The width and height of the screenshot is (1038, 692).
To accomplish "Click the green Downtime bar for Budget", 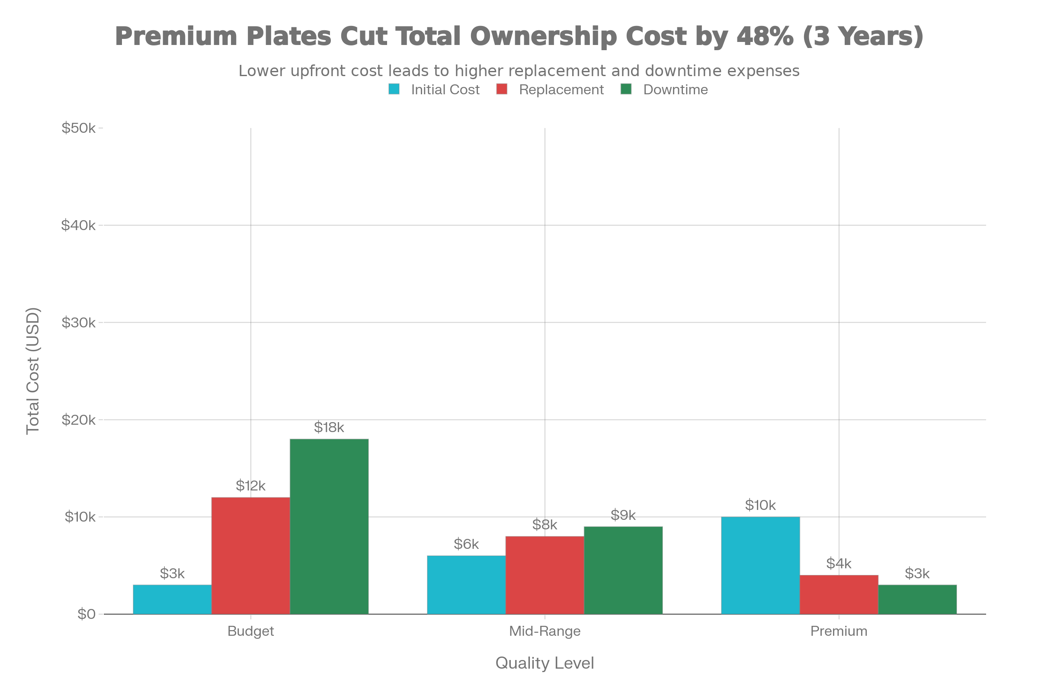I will [329, 526].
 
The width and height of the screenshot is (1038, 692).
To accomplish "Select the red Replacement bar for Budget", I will [251, 555].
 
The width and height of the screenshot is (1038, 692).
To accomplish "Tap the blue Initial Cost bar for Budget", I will [172, 599].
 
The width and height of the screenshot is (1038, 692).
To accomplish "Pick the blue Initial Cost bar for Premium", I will [760, 565].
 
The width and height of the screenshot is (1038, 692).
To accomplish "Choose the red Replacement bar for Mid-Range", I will [545, 575].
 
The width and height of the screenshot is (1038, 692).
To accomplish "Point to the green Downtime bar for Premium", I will [917, 599].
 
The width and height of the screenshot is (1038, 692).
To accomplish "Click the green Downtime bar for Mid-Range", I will [623, 570].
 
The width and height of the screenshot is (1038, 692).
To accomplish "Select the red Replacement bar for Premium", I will [839, 594].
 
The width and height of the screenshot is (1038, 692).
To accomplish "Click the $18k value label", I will [329, 427].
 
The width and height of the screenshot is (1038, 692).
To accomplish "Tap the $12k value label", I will [250, 486].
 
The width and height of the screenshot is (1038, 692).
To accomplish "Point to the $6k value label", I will [466, 544].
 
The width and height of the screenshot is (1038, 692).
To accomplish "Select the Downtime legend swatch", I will [626, 90].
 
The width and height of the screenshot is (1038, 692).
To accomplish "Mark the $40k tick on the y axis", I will [79, 225].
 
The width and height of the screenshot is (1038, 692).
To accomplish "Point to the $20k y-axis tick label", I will [79, 420].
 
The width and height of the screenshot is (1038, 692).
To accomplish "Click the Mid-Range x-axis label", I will [545, 631].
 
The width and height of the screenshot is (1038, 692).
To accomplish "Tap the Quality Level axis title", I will [545, 663].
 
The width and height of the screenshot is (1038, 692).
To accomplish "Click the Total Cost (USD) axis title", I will [33, 371].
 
